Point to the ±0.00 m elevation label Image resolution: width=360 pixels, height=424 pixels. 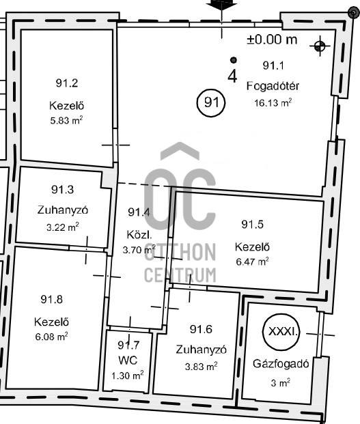pos(272,40)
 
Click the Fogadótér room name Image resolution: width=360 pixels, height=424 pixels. pos(273,86)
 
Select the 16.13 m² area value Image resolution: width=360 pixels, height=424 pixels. pos(273,102)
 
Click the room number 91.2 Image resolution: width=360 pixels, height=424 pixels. pos(67,83)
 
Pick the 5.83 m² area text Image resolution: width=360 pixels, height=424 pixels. pos(66,120)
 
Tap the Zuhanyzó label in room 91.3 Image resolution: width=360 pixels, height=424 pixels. pos(63,210)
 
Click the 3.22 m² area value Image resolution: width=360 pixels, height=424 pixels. pos(62,227)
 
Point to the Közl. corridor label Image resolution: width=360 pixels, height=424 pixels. pos(139,235)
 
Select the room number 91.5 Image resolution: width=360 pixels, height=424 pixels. pos(252,224)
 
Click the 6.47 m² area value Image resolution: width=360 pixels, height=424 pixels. pos(252,262)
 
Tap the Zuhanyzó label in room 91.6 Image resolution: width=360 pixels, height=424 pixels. pos(201,350)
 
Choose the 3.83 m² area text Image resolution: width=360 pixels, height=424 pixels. pos(202,367)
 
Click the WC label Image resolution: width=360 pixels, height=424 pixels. pos(128,361)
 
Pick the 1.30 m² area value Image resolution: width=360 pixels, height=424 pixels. pos(127,376)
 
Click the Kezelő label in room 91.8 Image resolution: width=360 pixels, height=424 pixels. pos(51,322)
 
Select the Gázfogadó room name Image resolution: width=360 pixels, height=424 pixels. pos(281,364)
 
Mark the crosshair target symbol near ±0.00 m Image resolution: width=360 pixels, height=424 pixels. pos(320,46)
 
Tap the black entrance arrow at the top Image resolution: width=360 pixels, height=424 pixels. pos(222,5)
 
